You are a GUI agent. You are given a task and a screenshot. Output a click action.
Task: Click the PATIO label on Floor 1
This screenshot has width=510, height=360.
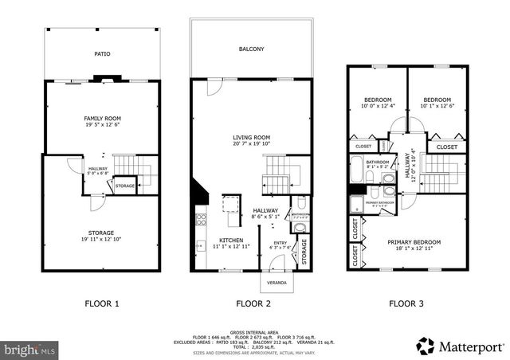[102, 54]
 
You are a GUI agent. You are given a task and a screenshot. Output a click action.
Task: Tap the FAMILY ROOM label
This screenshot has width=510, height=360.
[102, 119]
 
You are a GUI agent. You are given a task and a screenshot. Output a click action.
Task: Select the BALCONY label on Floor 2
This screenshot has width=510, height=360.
[251, 49]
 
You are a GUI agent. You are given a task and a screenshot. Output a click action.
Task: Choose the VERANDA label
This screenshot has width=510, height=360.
[276, 283]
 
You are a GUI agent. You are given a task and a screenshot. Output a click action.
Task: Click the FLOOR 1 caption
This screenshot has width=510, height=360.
[102, 303]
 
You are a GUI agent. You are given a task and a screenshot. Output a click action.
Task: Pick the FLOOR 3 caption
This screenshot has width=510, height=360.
[406, 303]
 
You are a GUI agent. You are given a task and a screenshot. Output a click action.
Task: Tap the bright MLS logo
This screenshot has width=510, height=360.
[29, 349]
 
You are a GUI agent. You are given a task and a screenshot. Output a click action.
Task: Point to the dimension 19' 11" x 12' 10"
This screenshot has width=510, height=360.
[102, 239]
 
